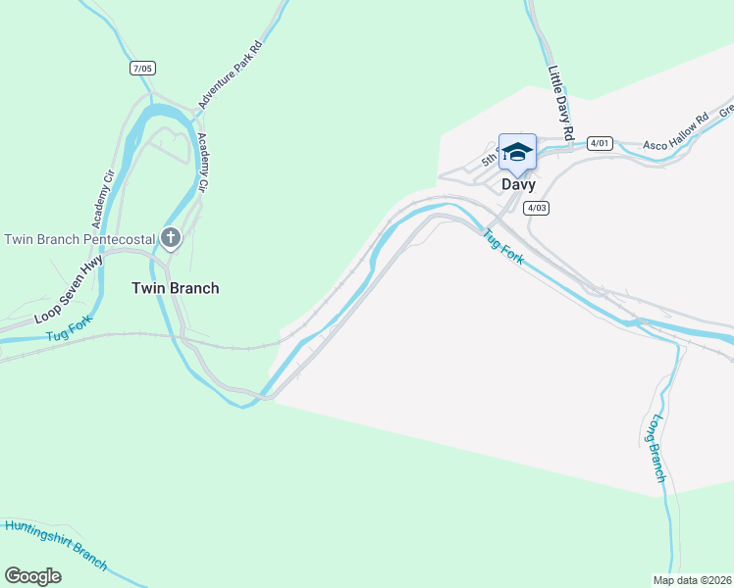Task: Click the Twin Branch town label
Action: [x=176, y=288]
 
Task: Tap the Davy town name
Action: [x=518, y=183]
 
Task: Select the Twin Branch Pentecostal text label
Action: [x=80, y=239]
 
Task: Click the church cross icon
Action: [x=171, y=237]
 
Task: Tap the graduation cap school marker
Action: [x=517, y=151]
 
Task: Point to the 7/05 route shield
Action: [x=142, y=68]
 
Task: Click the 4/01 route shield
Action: [x=600, y=143]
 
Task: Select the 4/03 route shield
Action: [x=536, y=207]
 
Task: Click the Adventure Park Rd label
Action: [x=231, y=73]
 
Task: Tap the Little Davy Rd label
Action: [x=560, y=102]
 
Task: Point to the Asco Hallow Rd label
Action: [x=675, y=134]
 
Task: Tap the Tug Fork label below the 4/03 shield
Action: [x=502, y=246]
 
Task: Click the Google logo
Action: [x=32, y=576]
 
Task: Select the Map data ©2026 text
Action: [x=692, y=579]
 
